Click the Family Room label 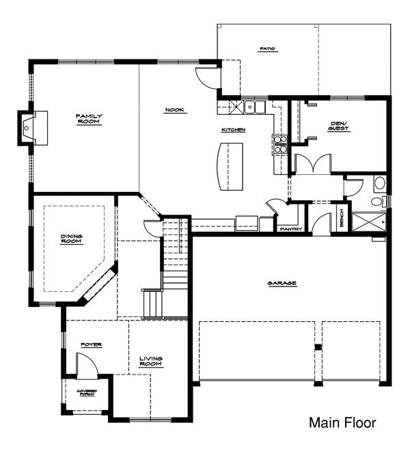pos(89,120)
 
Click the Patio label pos(266,49)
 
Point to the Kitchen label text pos(233,129)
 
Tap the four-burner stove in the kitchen pos(280,143)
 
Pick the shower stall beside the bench pos(368,222)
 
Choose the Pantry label pos(290,229)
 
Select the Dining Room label pos(71,239)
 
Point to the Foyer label pos(92,345)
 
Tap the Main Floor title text pos(342,423)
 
